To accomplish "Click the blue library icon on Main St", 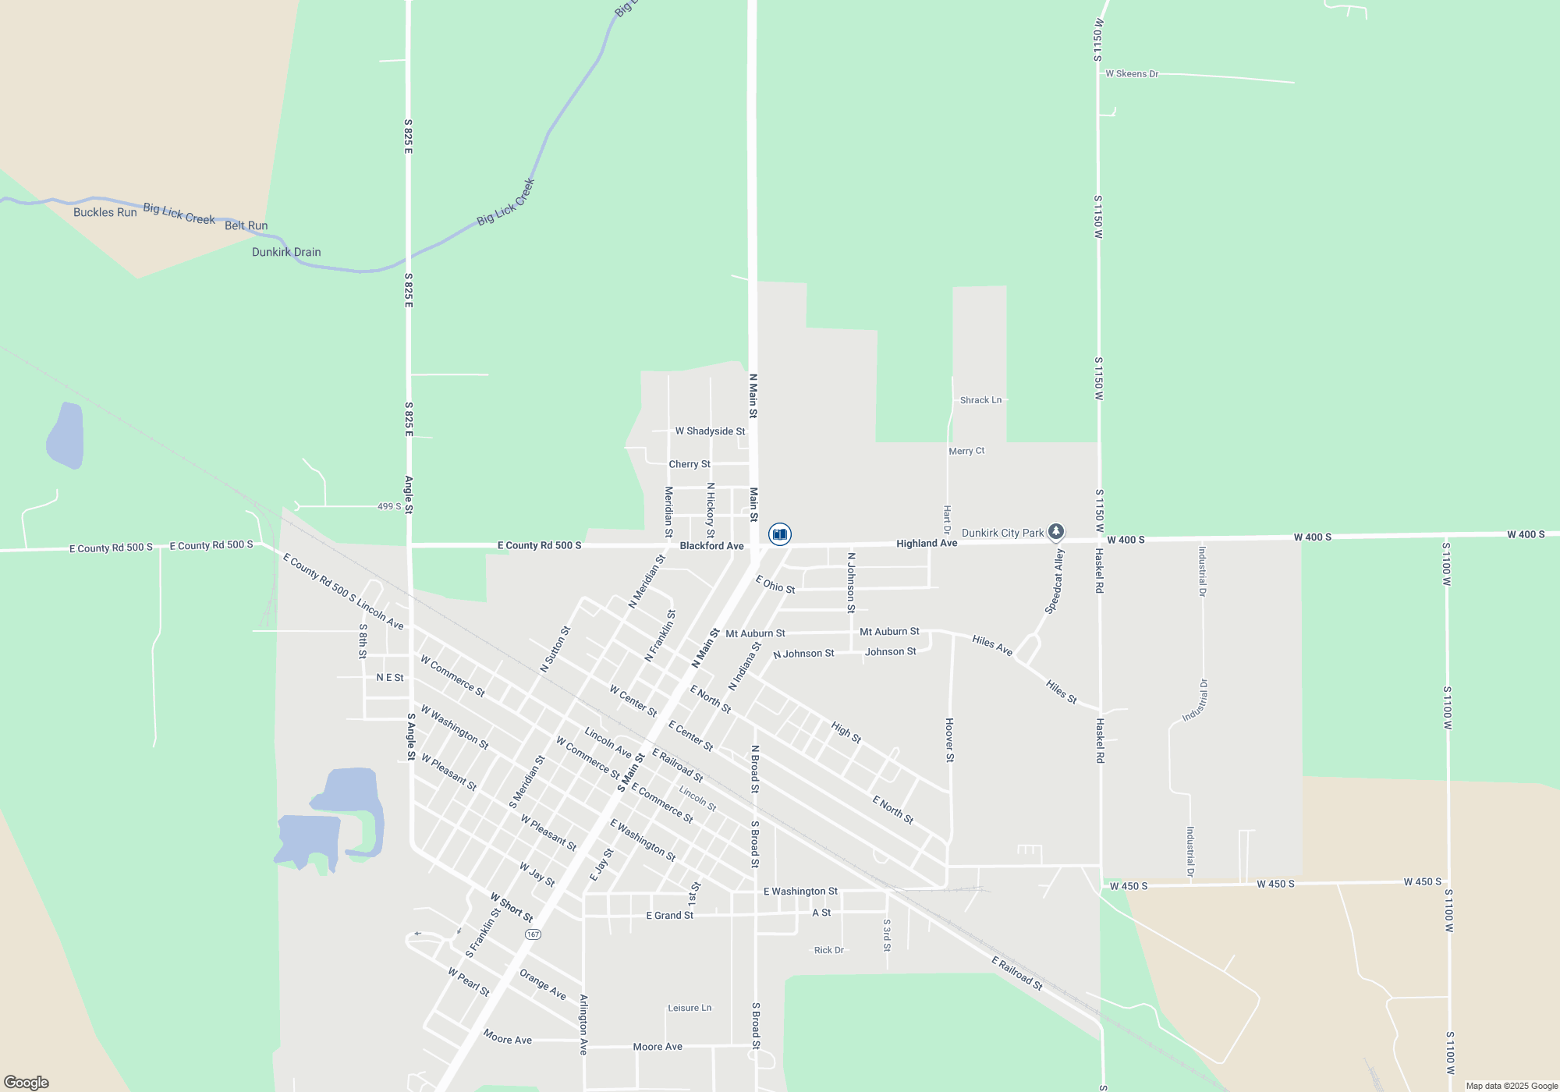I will (779, 534).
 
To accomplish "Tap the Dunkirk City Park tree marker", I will (1055, 532).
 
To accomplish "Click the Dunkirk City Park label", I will (1002, 533).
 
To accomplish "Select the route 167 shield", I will (533, 934).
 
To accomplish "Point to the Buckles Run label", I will (105, 212).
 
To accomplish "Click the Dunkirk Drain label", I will (286, 252).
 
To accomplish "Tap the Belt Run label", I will (246, 225).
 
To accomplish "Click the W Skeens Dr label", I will (1132, 74).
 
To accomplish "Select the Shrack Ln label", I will (980, 400).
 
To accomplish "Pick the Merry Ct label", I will (966, 451).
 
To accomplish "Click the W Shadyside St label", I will (710, 431).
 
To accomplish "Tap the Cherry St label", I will (690, 464).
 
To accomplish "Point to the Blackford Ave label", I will (711, 546).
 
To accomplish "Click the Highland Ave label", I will (927, 543).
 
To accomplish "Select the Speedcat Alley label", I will (1055, 581).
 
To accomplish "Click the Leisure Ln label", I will (690, 1008).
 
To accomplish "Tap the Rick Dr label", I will (828, 950).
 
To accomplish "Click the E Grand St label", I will (669, 915).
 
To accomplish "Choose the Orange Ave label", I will (542, 984).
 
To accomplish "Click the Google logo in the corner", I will (27, 1082).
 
